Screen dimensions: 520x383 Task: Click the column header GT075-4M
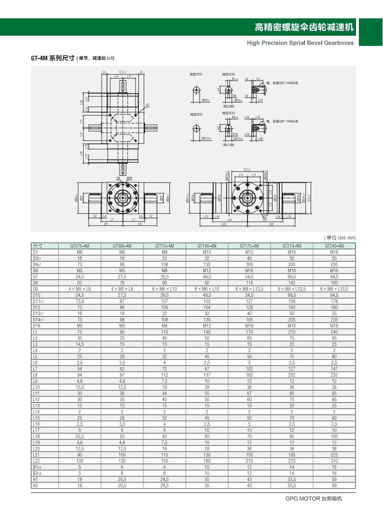pos(80,246)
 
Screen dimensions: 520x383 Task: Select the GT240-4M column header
pos(334,246)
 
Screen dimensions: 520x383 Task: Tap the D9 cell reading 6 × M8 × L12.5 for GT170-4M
pos(249,288)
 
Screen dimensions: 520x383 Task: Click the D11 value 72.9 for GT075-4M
pos(80,300)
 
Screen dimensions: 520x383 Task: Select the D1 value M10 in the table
pos(207,252)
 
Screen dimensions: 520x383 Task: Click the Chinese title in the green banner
pos(304,27)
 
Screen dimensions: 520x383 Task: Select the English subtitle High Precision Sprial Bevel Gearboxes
pos(300,42)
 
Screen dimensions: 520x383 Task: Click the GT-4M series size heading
pos(73,58)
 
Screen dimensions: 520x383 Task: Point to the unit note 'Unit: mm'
pos(340,238)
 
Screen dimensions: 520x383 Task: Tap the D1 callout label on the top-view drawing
pos(148,105)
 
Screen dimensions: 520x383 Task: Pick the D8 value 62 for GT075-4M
pos(80,282)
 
